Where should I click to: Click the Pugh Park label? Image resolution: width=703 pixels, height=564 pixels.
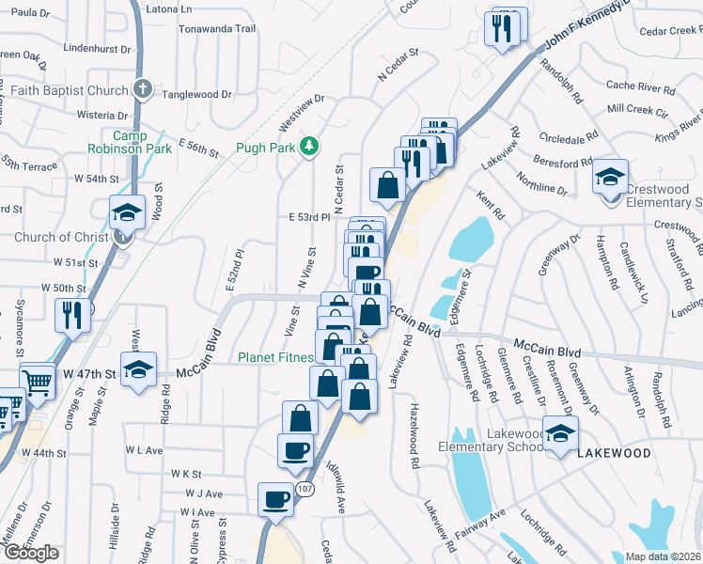264,148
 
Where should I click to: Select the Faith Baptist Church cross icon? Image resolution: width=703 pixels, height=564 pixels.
142,90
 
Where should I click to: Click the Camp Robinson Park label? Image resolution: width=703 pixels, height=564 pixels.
130,142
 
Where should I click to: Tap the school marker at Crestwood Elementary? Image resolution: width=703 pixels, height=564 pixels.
609,175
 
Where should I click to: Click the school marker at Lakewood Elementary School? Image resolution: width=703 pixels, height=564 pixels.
561,435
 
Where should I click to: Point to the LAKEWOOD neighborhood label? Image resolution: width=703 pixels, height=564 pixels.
614,453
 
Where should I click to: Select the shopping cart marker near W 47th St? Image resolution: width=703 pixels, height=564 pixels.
37,382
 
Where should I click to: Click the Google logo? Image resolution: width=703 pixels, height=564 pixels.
31,553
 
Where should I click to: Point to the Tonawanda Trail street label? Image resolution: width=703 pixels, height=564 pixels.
219,28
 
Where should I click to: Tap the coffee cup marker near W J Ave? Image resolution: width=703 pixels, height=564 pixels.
276,498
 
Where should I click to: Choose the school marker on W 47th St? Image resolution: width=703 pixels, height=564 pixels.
139,369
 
